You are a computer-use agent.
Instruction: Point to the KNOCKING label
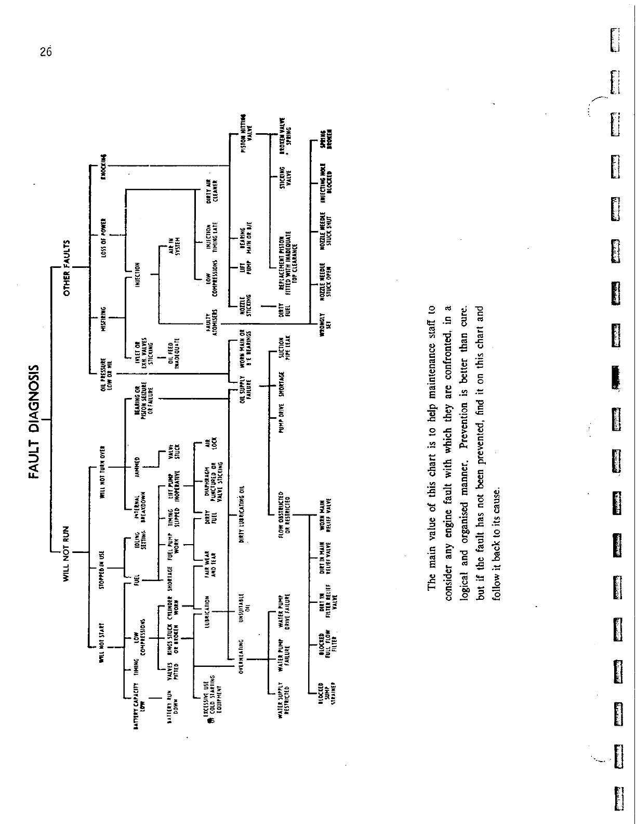pyautogui.click(x=103, y=166)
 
